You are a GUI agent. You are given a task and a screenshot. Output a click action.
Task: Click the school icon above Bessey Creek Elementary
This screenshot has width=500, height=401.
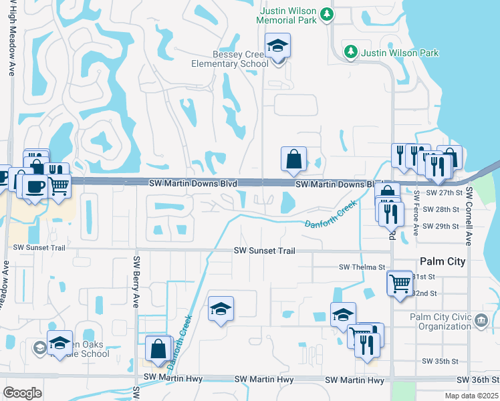tap(277, 46)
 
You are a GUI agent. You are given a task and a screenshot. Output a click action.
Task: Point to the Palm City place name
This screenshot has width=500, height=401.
tap(442, 261)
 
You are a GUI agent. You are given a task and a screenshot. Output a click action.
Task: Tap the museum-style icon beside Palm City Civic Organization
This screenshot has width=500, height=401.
tap(481, 321)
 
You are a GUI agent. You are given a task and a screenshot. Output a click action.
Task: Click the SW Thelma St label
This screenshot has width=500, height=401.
tap(362, 267)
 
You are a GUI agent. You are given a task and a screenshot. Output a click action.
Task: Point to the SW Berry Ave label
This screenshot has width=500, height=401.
tap(136, 281)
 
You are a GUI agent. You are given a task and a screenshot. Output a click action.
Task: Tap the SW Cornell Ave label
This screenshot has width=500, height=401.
tap(469, 216)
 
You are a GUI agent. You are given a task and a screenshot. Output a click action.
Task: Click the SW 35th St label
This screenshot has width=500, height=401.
tap(441, 361)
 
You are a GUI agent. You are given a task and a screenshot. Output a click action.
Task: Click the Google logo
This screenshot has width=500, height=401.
tap(23, 392)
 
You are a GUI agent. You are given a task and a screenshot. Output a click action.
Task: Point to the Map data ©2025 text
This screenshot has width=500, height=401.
tap(472, 396)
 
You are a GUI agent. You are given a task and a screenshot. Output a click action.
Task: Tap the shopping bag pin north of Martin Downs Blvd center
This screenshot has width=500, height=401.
tap(293, 159)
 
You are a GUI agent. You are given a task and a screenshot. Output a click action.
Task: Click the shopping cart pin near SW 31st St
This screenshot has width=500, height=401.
tap(400, 282)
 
